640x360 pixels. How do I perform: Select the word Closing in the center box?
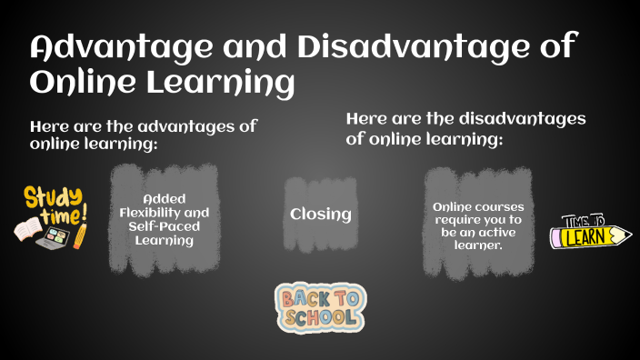pos(320,215)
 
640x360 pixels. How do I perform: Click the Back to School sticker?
pos(319,307)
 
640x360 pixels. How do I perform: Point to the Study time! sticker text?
pos(55,204)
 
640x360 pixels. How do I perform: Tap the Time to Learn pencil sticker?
pos(590,234)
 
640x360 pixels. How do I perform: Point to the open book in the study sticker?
pos(28,228)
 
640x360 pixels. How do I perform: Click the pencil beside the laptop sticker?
pos(79,235)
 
